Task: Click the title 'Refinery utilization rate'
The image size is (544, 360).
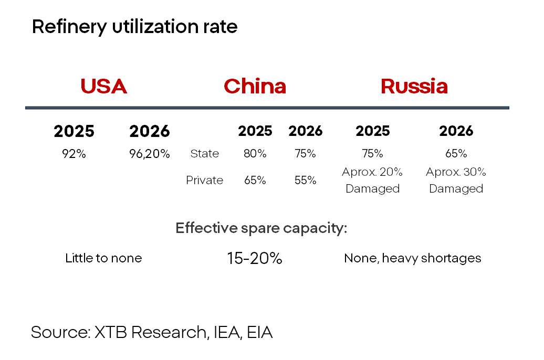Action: point(134,27)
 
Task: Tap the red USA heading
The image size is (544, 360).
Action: point(103,87)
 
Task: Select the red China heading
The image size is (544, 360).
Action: point(255,87)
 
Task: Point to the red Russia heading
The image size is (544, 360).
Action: point(414,87)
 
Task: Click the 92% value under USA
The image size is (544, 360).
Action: point(74,154)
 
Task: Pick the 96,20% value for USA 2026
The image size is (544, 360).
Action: point(150,154)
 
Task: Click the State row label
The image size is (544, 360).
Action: point(205,153)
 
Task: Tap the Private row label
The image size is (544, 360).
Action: point(204,180)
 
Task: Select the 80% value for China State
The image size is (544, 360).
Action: point(255,153)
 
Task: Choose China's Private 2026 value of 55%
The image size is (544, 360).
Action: point(305,180)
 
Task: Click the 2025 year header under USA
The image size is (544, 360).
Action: point(74,131)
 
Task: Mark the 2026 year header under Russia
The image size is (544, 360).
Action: point(456,131)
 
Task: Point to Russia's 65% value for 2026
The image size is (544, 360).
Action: point(456,153)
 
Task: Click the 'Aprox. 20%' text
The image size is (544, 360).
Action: point(372,172)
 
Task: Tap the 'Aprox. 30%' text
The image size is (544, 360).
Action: point(456,172)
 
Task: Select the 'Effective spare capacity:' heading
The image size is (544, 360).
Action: point(261,228)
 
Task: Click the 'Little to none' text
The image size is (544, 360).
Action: point(103,258)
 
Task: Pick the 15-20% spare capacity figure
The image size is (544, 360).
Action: point(255,258)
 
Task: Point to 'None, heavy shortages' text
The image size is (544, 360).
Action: point(413,258)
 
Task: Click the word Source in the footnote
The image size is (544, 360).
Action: point(61,332)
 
